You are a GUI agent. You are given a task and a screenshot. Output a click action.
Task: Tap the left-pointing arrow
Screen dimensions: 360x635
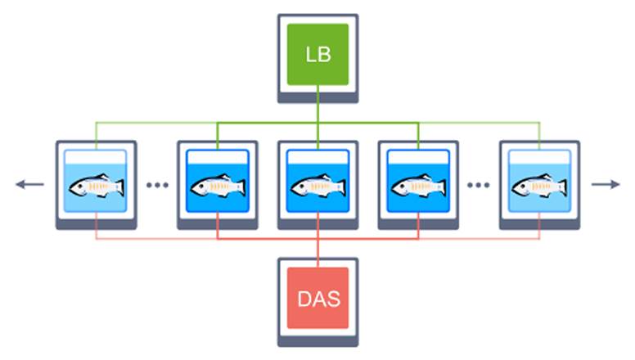(29, 184)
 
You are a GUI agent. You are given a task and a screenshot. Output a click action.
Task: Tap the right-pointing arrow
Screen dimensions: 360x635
(606, 184)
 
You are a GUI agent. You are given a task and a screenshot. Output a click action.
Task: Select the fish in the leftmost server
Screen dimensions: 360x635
(96, 187)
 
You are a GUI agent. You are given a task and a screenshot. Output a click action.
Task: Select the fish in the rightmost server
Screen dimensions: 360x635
(538, 187)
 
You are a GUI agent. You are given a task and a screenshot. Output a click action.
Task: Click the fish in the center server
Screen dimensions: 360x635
(317, 187)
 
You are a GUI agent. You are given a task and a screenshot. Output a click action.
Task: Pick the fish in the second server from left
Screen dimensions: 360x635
(217, 187)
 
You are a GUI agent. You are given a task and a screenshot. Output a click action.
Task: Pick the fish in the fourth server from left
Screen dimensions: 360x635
(418, 187)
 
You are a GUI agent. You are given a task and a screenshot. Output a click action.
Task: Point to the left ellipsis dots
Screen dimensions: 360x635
(156, 185)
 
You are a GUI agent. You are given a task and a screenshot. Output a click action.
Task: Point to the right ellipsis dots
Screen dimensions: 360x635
(478, 185)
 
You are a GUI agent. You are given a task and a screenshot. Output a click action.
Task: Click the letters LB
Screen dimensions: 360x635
(317, 54)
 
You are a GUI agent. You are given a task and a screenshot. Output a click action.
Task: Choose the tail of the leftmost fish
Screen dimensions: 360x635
(119, 187)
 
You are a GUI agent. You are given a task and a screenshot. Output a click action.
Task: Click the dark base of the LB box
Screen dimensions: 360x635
(317, 97)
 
